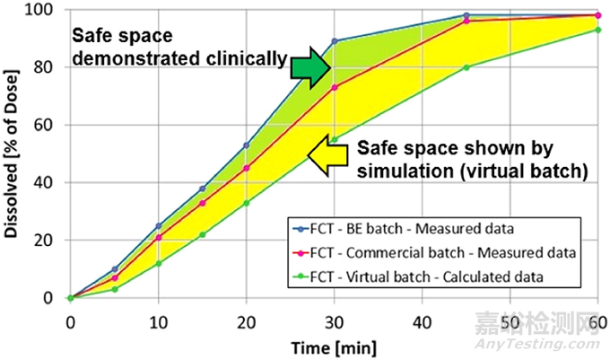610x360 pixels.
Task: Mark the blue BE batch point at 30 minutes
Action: pyautogui.click(x=334, y=41)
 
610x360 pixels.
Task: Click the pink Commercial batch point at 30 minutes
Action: pyautogui.click(x=334, y=87)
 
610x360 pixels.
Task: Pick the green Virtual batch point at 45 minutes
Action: pyautogui.click(x=466, y=67)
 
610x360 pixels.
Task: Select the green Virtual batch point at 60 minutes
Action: pyautogui.click(x=597, y=30)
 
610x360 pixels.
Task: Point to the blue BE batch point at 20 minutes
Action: pyautogui.click(x=246, y=145)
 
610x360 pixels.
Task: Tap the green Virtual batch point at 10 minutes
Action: pyautogui.click(x=158, y=263)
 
